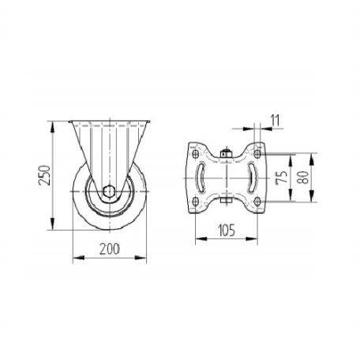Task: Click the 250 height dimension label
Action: pyautogui.click(x=44, y=175)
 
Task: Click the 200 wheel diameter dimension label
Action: pyautogui.click(x=110, y=249)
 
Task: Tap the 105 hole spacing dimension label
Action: pyautogui.click(x=227, y=231)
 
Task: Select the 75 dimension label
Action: pyautogui.click(x=281, y=178)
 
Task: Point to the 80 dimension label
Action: pyautogui.click(x=302, y=178)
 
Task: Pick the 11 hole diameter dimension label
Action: pyautogui.click(x=276, y=120)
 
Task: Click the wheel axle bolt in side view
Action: pyautogui.click(x=109, y=191)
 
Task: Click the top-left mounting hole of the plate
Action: pyautogui.click(x=195, y=154)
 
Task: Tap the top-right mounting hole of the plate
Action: pyautogui.click(x=257, y=154)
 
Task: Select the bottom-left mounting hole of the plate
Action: pyautogui.click(x=195, y=202)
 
